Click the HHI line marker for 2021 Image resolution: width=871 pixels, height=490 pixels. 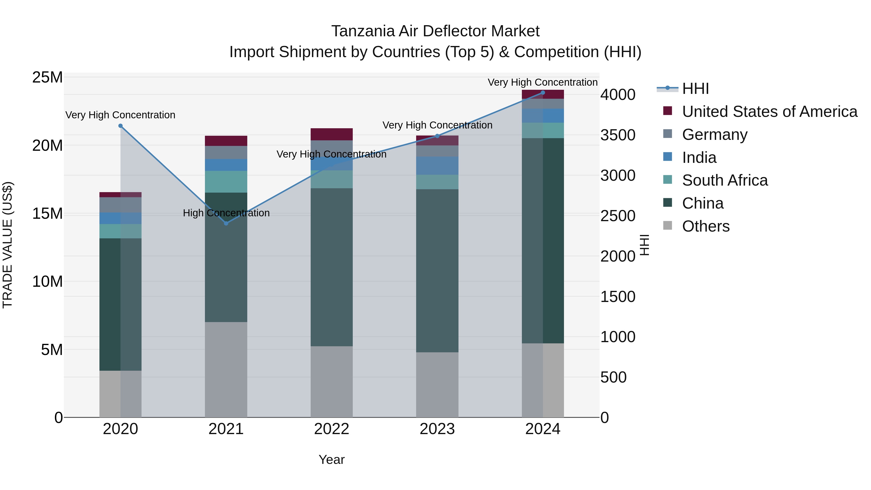tap(226, 223)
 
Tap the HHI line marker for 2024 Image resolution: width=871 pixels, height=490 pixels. tap(543, 93)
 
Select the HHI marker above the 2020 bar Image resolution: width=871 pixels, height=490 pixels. tap(120, 126)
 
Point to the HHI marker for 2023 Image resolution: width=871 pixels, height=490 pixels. tap(437, 136)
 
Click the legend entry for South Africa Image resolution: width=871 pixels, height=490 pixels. tap(725, 180)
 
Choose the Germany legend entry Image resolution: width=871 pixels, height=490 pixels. tap(714, 135)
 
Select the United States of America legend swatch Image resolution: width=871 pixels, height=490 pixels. tap(668, 111)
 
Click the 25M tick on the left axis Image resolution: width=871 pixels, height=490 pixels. tap(47, 77)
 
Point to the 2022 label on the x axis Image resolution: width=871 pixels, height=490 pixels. tap(331, 429)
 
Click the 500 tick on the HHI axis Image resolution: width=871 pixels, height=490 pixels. tap(613, 377)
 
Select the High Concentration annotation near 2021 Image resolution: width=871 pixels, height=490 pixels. tap(226, 213)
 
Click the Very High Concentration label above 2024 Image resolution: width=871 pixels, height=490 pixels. tap(542, 82)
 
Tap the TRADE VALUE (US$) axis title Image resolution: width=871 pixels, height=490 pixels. tap(8, 245)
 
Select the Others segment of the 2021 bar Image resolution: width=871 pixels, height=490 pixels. tap(226, 369)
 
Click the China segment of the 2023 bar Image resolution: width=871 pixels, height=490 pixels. tap(437, 271)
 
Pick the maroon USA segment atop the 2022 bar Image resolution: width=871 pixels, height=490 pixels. tap(331, 134)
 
